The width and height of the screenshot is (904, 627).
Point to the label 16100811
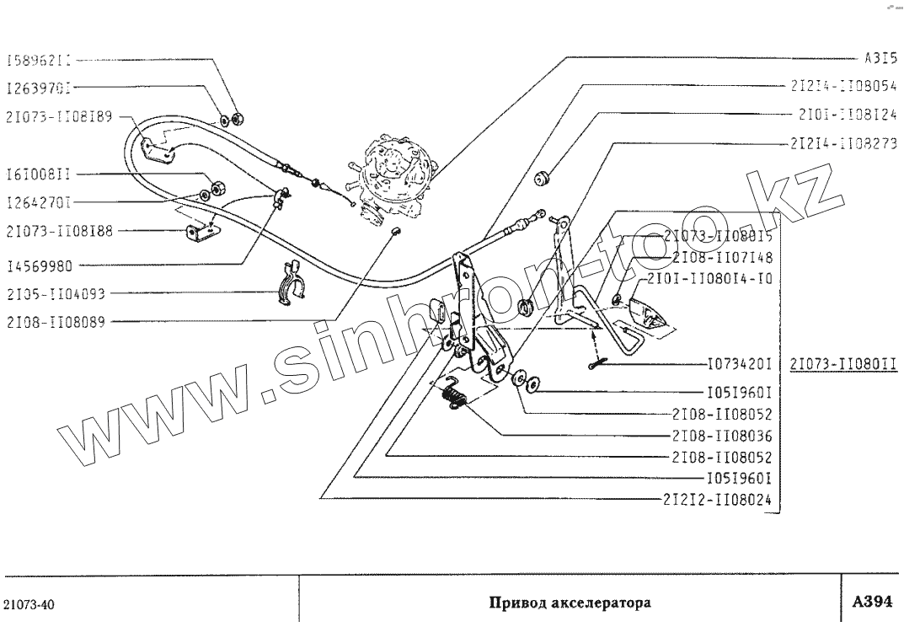click(x=38, y=174)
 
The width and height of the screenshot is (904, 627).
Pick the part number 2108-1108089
click(x=55, y=321)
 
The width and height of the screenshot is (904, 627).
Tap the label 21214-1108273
click(x=843, y=142)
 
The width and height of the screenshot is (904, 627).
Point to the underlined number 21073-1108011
click(x=842, y=365)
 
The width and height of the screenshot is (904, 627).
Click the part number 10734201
click(x=741, y=366)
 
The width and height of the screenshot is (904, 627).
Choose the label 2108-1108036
click(x=722, y=436)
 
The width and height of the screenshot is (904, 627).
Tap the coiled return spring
click(x=455, y=394)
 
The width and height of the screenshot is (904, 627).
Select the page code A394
click(x=872, y=602)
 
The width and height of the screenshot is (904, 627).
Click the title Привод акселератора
click(x=570, y=603)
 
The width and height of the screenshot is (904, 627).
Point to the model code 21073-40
click(x=30, y=605)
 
